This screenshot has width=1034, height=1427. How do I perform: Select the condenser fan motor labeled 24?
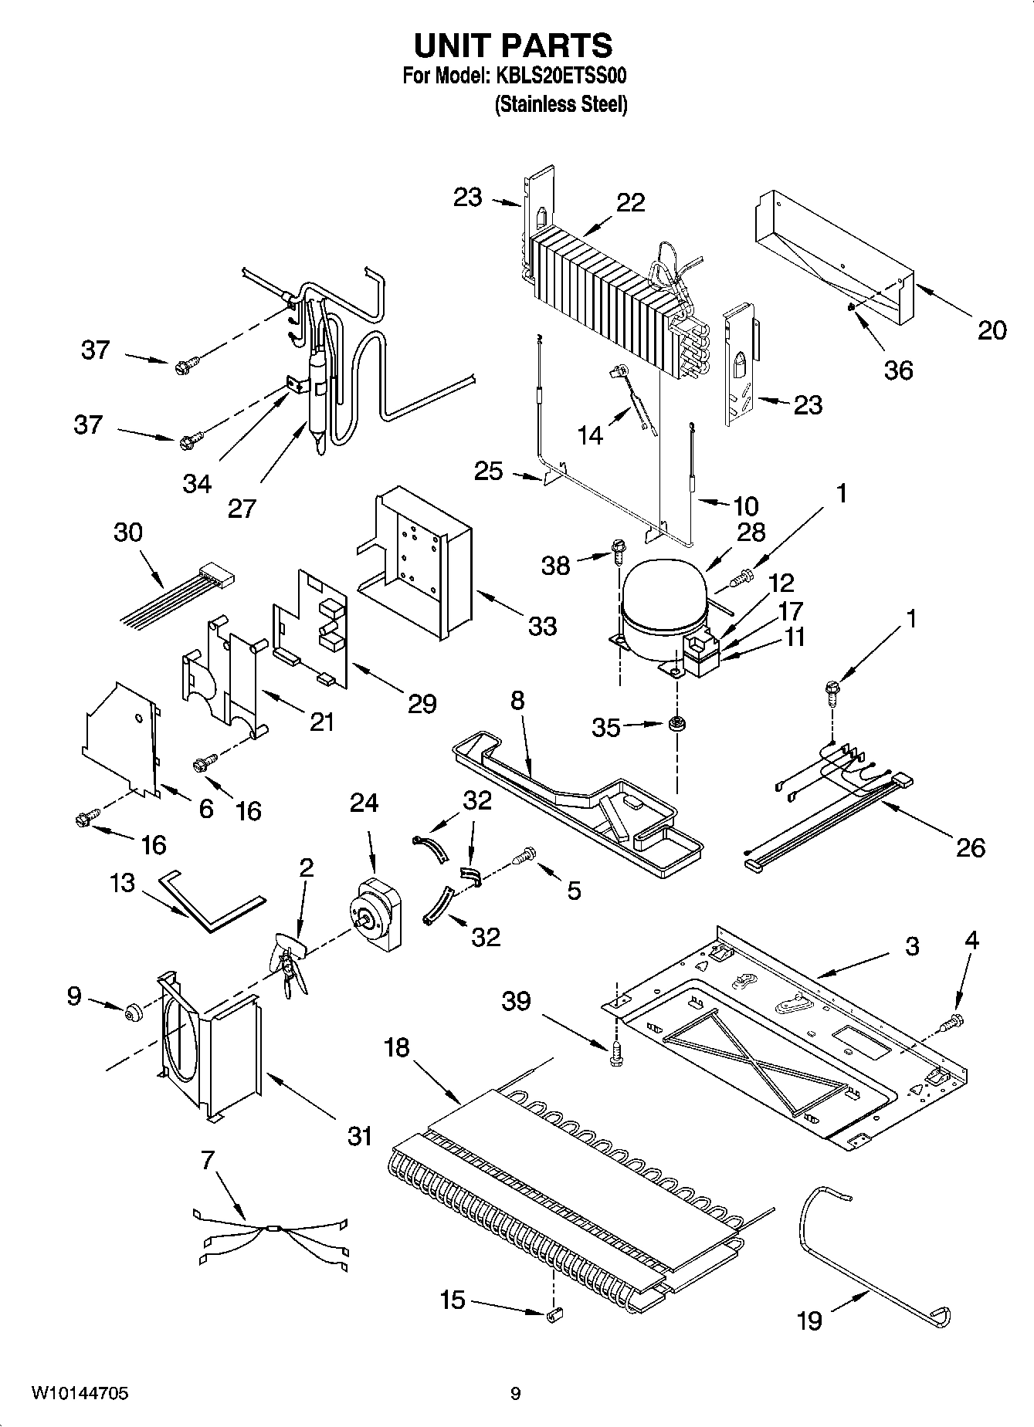pos(378,915)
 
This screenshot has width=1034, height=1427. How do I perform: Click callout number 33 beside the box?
pos(542,625)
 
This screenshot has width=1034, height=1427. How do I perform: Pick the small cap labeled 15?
pos(554,1314)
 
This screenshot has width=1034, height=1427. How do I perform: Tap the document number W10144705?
pos(80,1394)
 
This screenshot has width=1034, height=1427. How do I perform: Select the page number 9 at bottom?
pos(515,1394)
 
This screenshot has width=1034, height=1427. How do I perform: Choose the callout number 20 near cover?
pos(992,330)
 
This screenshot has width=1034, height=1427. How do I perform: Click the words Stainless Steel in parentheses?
pos(561,103)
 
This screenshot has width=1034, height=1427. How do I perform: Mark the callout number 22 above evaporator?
pos(630,202)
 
